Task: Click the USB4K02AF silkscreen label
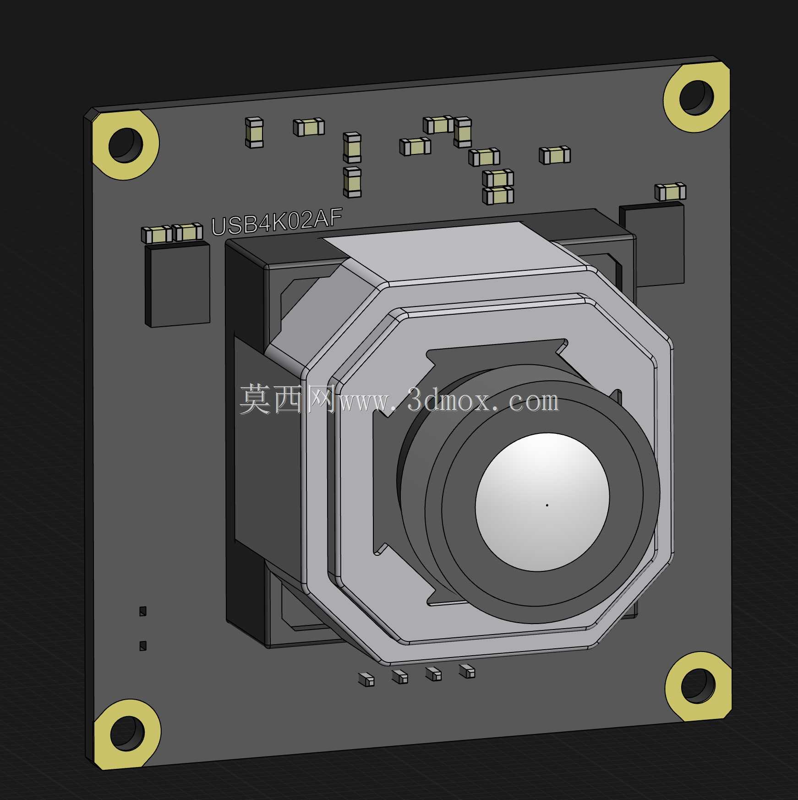click(276, 222)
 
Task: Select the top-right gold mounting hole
click(696, 97)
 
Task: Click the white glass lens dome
click(542, 502)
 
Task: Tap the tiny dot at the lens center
click(547, 505)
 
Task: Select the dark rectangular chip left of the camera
click(177, 285)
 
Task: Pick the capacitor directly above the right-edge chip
click(670, 192)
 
